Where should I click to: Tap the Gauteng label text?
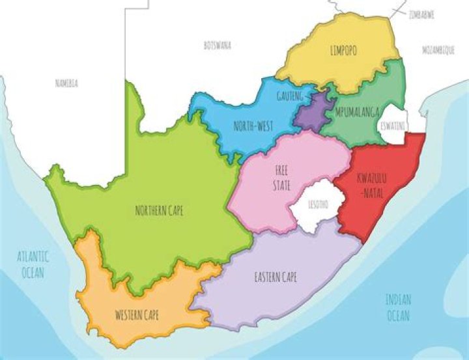pyautogui.click(x=291, y=95)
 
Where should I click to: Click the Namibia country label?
pyautogui.click(x=66, y=83)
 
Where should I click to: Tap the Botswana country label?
pyautogui.click(x=217, y=46)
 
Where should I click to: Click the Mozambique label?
pyautogui.click(x=436, y=49)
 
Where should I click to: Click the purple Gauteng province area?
pyautogui.click(x=311, y=111)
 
